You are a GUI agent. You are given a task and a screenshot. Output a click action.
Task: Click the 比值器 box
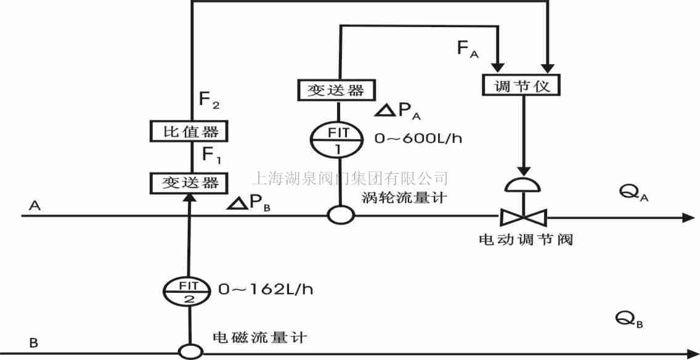point(185,131)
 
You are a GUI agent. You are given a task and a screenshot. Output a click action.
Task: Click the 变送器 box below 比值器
point(185,182)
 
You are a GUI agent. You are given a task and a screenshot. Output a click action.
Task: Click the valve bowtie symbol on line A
point(523,217)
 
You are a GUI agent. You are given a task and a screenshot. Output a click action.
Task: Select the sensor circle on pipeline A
point(340,215)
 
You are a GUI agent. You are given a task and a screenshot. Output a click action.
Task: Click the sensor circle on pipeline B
point(190,351)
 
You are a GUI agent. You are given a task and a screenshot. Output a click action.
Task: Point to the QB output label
point(629,319)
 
